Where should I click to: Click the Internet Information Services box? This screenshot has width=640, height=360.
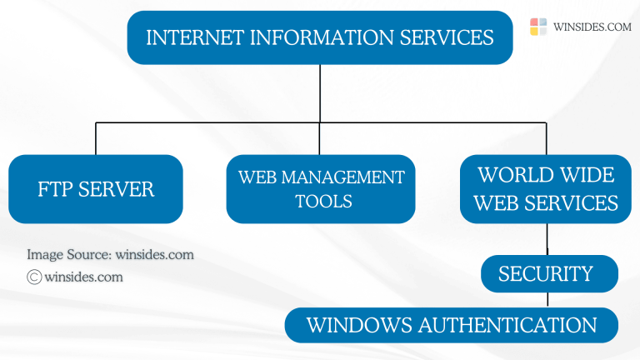point(320,37)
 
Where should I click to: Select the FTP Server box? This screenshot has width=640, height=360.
point(96,189)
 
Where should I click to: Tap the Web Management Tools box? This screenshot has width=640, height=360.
point(321,189)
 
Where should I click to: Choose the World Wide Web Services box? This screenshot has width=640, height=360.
point(547,189)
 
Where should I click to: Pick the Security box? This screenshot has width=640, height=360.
point(547,273)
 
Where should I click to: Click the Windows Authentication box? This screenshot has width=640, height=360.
point(451,325)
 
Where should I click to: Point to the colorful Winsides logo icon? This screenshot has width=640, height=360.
point(538,27)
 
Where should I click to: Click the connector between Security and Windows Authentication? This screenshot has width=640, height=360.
point(547,299)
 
